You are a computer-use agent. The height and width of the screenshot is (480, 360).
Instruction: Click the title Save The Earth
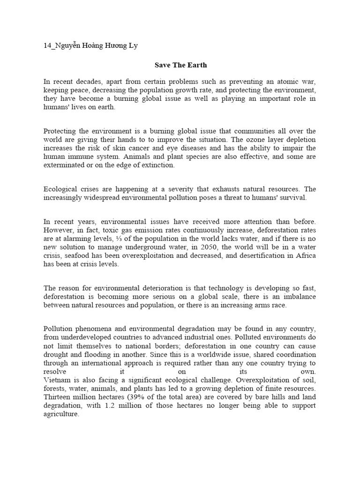(180, 65)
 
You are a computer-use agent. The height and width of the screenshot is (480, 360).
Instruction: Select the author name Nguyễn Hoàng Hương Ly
(94, 45)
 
